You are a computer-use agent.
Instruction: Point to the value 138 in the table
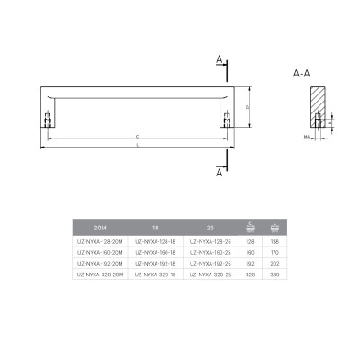[x=273, y=243]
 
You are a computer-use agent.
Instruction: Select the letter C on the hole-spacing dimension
[x=135, y=135]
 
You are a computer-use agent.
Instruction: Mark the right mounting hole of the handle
[x=226, y=117]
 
